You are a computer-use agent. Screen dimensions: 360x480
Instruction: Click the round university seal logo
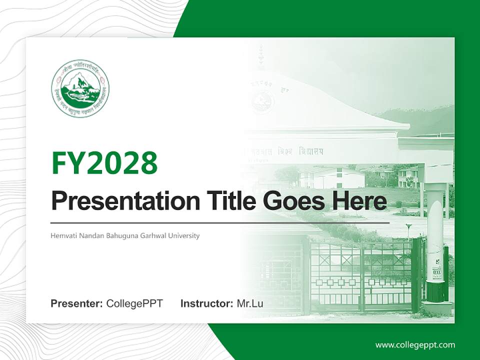point(80,88)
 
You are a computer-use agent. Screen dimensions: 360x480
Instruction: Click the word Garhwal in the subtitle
point(152,235)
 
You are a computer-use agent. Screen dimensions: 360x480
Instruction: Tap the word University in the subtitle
point(183,235)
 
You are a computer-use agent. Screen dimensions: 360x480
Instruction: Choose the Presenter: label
point(77,303)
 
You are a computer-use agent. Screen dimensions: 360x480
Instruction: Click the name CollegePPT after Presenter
point(134,303)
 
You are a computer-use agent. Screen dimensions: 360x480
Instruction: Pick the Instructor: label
point(206,303)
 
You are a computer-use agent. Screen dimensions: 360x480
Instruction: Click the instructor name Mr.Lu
point(250,303)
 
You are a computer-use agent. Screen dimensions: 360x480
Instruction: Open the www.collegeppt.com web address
point(415,345)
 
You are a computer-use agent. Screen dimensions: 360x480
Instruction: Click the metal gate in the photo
point(360,275)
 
